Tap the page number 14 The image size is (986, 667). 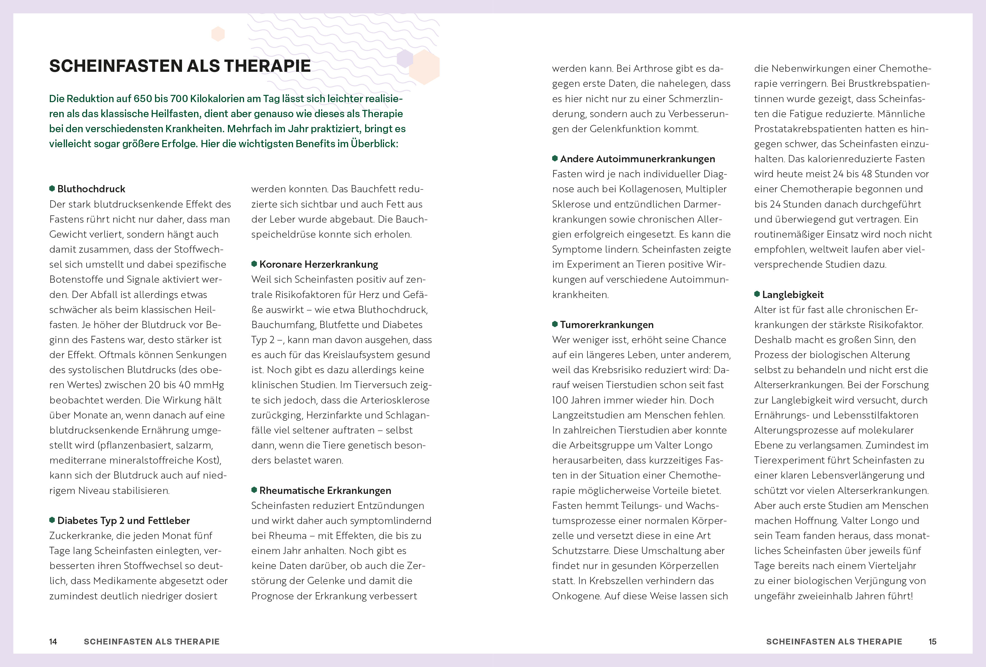53,642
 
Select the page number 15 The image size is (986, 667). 932,642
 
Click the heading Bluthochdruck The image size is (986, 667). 91,189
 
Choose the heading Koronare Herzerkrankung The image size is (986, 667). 319,264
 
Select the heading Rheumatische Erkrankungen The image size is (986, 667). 325,491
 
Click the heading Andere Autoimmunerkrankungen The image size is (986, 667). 637,159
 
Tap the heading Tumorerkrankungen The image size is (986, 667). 607,324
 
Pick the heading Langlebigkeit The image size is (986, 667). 793,294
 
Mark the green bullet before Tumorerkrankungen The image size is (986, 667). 555,324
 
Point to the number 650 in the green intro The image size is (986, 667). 142,99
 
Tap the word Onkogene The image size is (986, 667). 576,596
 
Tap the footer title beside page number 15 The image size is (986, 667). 834,642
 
